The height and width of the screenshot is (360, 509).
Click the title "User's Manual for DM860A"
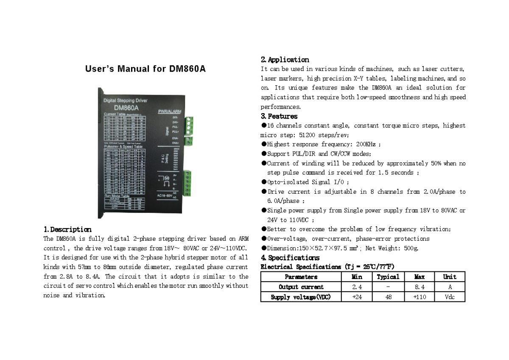[145, 69]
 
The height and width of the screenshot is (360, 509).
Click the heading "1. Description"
[67, 229]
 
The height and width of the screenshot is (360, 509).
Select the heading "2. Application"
[285, 60]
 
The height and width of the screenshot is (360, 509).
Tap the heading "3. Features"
[279, 116]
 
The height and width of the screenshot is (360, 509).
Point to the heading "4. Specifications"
[290, 258]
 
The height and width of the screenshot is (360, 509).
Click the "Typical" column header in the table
[388, 277]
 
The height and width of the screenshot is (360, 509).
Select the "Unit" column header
[450, 277]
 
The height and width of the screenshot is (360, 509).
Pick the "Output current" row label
[301, 287]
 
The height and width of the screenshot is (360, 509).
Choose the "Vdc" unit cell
[450, 297]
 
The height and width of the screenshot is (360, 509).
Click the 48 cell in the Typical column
[388, 297]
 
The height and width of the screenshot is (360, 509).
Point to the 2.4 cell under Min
[357, 287]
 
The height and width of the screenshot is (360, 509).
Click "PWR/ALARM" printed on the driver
[169, 112]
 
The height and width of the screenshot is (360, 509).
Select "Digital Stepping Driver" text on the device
[126, 101]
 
